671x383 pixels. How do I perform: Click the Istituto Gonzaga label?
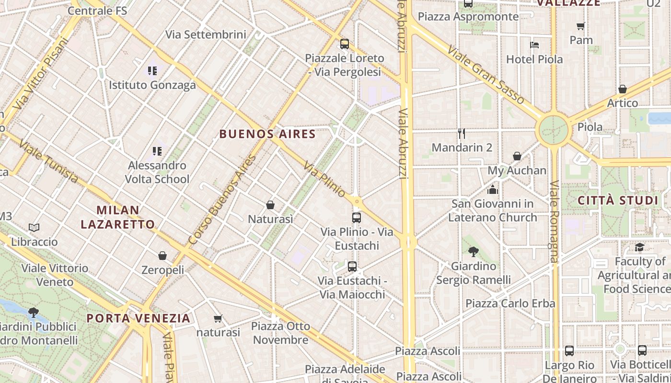click(152, 85)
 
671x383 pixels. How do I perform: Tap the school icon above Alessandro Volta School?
click(157, 151)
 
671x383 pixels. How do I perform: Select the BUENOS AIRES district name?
click(267, 134)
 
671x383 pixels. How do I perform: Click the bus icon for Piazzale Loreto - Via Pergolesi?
click(344, 44)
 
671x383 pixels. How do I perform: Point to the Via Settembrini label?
click(206, 34)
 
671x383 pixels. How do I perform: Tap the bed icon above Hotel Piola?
click(534, 45)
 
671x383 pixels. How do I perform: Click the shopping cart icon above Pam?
click(581, 26)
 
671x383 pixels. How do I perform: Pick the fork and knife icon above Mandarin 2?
click(462, 133)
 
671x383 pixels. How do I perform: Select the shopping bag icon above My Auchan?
click(517, 156)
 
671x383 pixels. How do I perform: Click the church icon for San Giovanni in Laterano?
click(492, 190)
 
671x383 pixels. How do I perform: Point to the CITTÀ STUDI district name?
click(618, 200)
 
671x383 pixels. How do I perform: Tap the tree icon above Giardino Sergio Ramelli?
click(474, 251)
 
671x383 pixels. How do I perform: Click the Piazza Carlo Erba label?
click(510, 304)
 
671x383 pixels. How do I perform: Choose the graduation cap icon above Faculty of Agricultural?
click(639, 247)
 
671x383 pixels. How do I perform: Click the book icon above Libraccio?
click(34, 227)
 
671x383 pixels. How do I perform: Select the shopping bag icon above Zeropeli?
click(162, 256)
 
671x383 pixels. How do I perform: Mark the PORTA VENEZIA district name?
click(139, 318)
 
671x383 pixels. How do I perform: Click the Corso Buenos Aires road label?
click(222, 201)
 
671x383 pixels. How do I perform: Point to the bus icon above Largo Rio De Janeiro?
click(569, 350)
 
